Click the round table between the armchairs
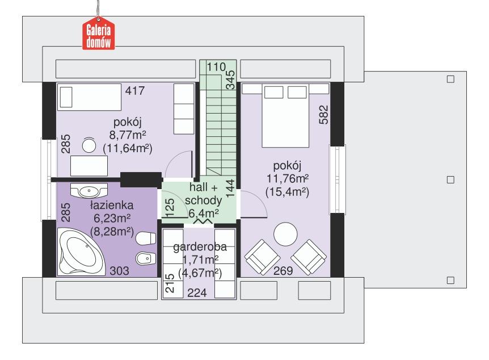(x=285, y=234)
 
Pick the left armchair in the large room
(x=260, y=256)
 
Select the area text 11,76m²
(x=286, y=178)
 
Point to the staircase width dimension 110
(x=216, y=67)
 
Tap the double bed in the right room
(x=286, y=114)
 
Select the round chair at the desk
(x=90, y=145)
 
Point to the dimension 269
(x=283, y=271)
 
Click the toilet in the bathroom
(x=147, y=238)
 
